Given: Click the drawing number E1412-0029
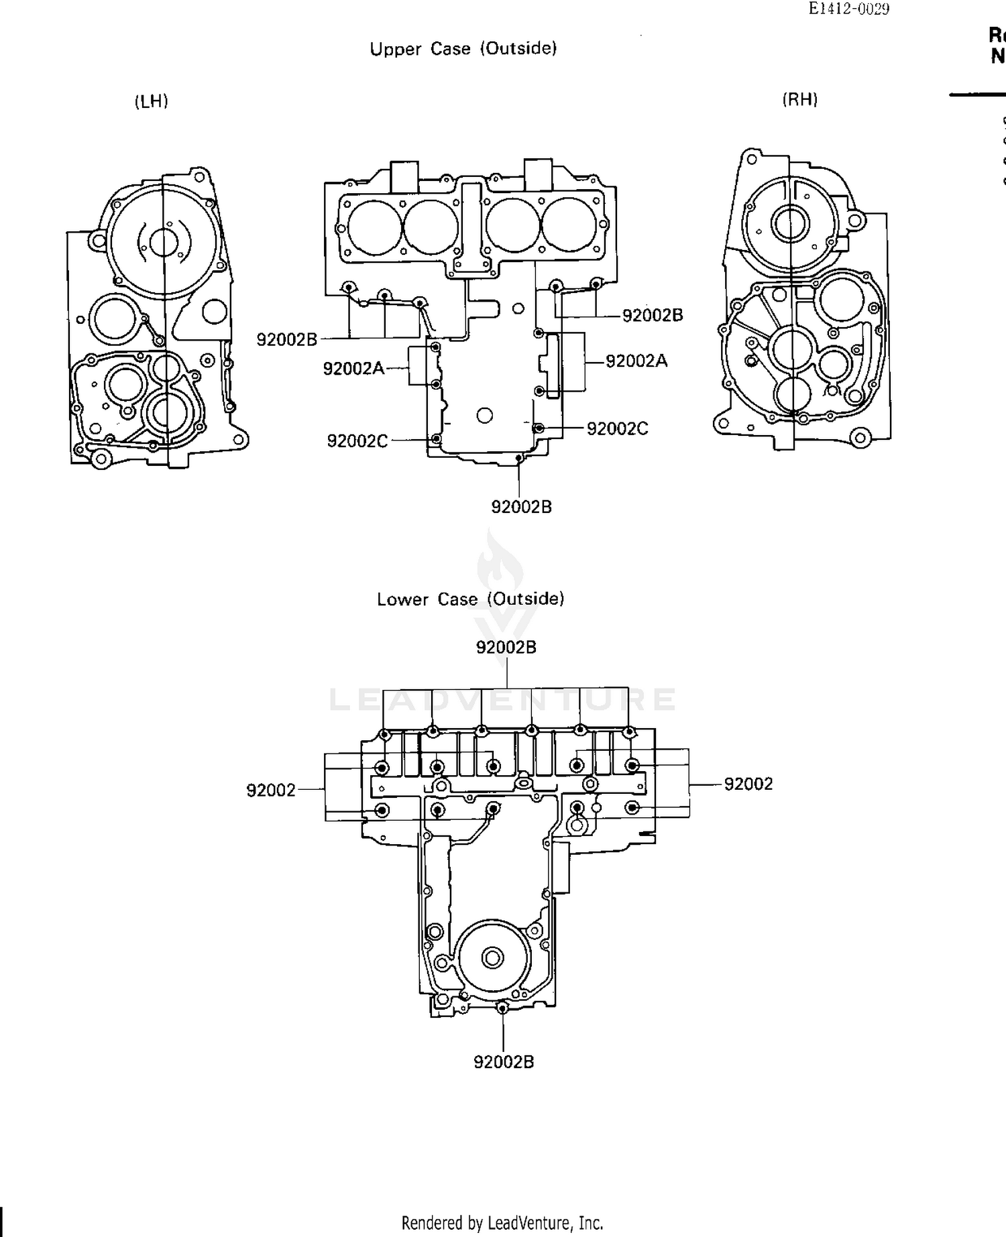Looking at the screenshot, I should tap(848, 9).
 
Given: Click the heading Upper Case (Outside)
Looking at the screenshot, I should tap(463, 48).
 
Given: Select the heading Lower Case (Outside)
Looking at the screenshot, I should tap(470, 599).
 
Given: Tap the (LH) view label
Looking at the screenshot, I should tap(151, 101).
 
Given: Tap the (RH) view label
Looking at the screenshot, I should tap(799, 100).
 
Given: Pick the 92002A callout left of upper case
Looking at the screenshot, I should tap(353, 368).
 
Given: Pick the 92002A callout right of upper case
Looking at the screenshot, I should tap(636, 361).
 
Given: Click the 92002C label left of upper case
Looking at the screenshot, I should tap(357, 440).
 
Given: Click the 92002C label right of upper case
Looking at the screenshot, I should tap(617, 429).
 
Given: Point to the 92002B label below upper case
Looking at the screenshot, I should tap(521, 507).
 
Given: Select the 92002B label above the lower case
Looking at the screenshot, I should tap(506, 647).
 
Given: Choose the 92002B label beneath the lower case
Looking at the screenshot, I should tap(503, 1062).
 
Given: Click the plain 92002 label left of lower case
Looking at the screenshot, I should tap(270, 790).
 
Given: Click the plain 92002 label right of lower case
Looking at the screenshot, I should tap(748, 784).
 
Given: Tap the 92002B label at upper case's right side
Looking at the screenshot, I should tap(652, 315).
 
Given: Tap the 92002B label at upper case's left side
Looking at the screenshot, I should tap(286, 339).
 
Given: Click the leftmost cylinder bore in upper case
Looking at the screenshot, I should tap(374, 227).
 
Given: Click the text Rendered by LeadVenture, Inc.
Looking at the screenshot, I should tap(502, 1223).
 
